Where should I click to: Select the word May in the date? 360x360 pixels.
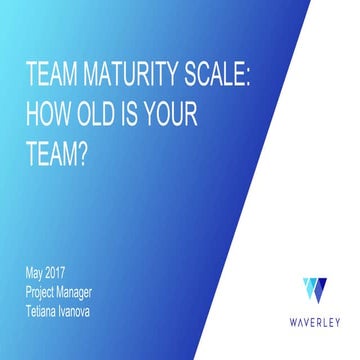[36, 272]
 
